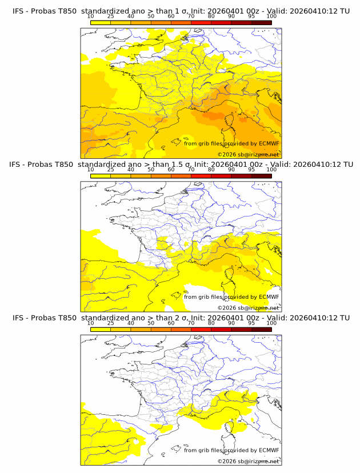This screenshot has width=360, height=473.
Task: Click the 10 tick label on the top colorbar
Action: (90, 16)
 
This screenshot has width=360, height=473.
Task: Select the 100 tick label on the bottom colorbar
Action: (271, 323)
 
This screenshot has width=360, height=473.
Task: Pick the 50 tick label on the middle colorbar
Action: (151, 170)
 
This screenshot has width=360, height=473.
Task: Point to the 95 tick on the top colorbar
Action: (251, 16)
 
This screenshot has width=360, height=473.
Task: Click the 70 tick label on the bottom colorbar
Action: (191, 323)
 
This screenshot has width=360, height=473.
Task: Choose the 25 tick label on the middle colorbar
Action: (110, 170)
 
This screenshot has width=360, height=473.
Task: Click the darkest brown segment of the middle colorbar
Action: (261, 176)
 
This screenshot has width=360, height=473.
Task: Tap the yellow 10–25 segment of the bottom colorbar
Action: (100, 329)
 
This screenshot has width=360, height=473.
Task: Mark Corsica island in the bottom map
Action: (232, 428)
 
